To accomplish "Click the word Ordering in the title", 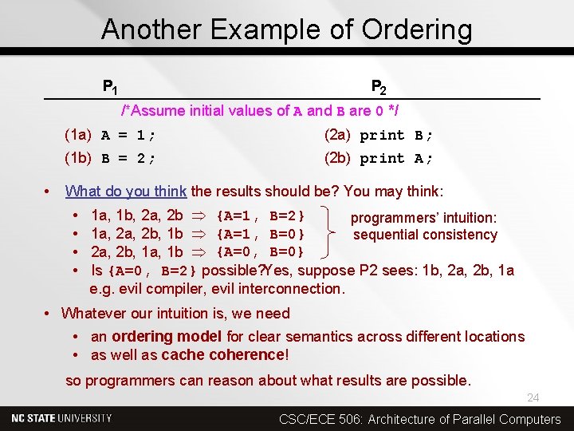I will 416,30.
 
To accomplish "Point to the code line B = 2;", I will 128,158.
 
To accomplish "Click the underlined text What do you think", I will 126,192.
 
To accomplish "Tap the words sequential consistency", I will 425,235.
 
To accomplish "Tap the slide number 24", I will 533,397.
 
